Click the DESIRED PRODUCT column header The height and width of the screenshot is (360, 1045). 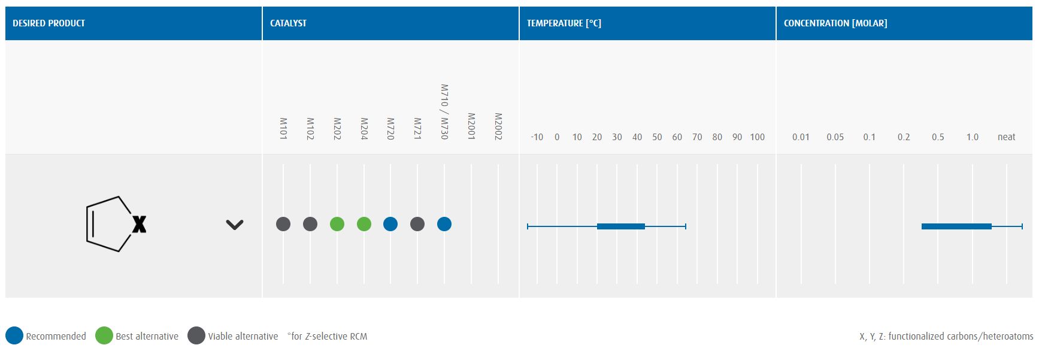tap(49, 23)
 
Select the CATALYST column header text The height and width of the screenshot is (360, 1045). tap(288, 23)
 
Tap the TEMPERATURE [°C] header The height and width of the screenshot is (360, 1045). tap(564, 23)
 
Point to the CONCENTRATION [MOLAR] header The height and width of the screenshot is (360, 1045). tap(835, 23)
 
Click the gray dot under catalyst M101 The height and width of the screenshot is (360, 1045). tap(283, 224)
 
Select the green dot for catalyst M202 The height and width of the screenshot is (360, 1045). tap(337, 224)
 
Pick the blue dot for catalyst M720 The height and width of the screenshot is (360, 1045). tap(390, 224)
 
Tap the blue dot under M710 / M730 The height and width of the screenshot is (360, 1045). tap(444, 224)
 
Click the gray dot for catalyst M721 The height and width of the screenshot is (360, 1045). tap(417, 224)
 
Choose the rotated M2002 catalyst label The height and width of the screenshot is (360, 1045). tap(498, 126)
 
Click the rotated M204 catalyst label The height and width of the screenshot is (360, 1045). tap(364, 129)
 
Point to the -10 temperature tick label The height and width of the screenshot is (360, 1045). tap(537, 137)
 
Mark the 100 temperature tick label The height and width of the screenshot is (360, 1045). tap(757, 137)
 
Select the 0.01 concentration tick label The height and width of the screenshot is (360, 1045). tap(801, 137)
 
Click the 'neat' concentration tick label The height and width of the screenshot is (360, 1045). tap(1006, 137)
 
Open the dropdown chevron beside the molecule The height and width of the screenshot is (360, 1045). tap(235, 225)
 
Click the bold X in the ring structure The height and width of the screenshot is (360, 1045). tap(139, 225)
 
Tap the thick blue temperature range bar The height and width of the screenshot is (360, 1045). tap(621, 226)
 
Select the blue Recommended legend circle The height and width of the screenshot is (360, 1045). tap(14, 335)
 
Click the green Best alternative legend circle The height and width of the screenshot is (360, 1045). tap(104, 335)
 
